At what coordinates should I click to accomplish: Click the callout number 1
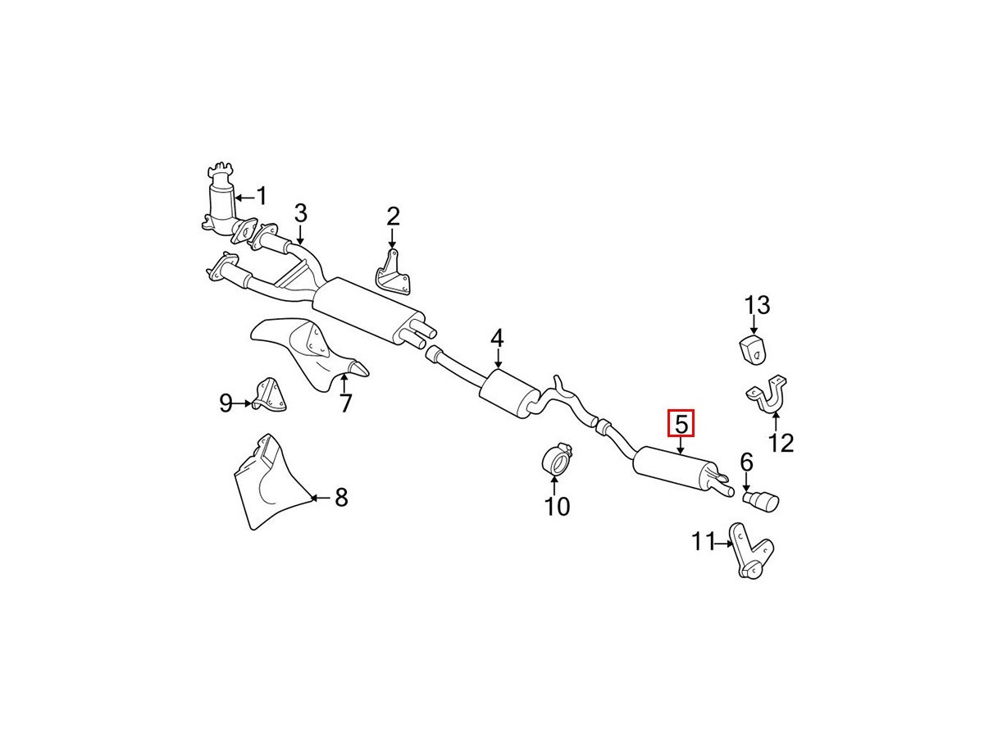[x=262, y=196]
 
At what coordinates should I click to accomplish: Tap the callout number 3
[x=300, y=214]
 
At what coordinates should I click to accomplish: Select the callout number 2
[x=393, y=216]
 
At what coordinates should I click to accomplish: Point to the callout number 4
[x=497, y=338]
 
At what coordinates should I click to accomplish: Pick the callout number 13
[x=757, y=306]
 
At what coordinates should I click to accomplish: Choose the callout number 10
[x=557, y=507]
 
